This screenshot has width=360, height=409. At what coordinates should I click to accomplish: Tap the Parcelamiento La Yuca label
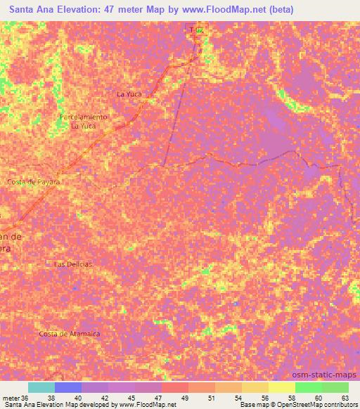point(84,121)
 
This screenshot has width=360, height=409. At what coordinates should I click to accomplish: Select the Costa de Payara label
point(34,181)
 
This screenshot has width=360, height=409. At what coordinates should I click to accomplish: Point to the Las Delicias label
point(74,264)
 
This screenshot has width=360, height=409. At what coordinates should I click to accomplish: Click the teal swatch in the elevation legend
point(41,387)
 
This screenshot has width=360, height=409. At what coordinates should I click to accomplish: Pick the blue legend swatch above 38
point(68,387)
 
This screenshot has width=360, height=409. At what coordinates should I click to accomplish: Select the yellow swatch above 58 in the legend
point(281,387)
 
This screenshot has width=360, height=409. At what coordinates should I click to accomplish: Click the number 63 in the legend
point(344,397)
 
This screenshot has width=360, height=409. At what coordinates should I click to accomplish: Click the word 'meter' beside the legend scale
point(12,397)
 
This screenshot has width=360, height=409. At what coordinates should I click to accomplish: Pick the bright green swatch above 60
point(308,387)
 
